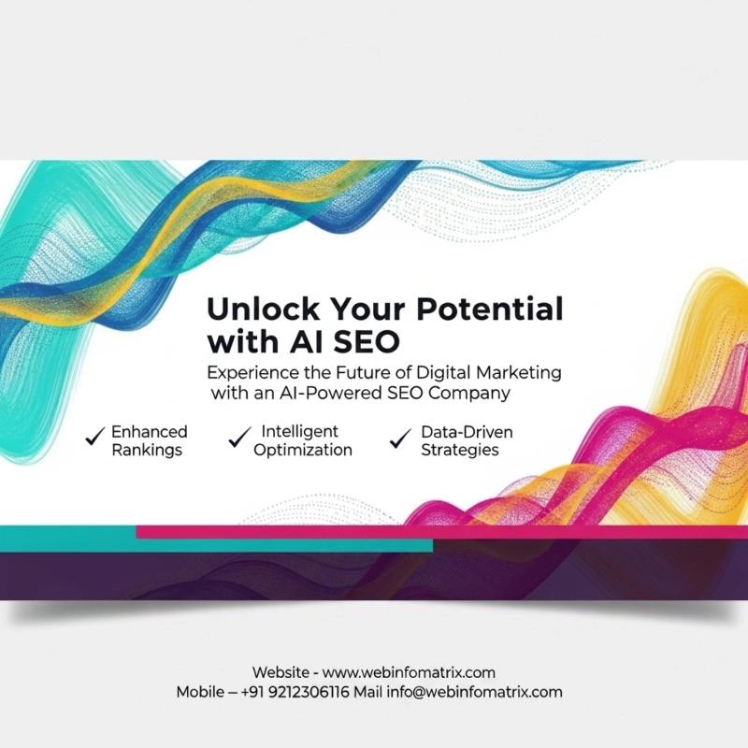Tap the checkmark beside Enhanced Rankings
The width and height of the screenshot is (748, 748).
(x=94, y=437)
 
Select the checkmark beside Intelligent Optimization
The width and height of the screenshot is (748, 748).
(x=240, y=436)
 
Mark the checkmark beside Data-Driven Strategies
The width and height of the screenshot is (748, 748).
(x=401, y=437)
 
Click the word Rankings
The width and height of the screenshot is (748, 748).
(x=147, y=450)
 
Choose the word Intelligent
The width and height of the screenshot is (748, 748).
(x=299, y=432)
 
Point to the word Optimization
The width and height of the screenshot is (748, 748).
(x=307, y=450)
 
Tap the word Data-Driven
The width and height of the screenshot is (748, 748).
(x=467, y=432)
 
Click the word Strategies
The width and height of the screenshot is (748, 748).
(x=459, y=450)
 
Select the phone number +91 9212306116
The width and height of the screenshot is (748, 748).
(x=295, y=693)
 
